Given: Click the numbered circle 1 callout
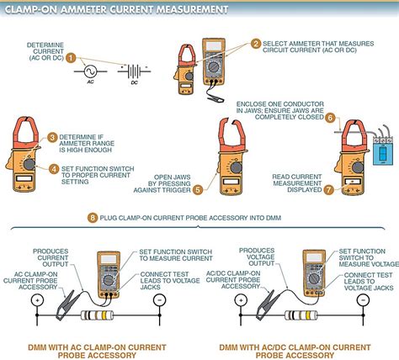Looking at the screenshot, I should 72,58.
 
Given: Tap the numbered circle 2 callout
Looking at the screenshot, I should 256,44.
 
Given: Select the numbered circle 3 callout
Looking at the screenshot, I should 51,136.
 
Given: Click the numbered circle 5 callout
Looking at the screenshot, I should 198,167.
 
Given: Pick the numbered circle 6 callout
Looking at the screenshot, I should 330,119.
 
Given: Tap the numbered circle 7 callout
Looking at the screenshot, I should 330,166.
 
